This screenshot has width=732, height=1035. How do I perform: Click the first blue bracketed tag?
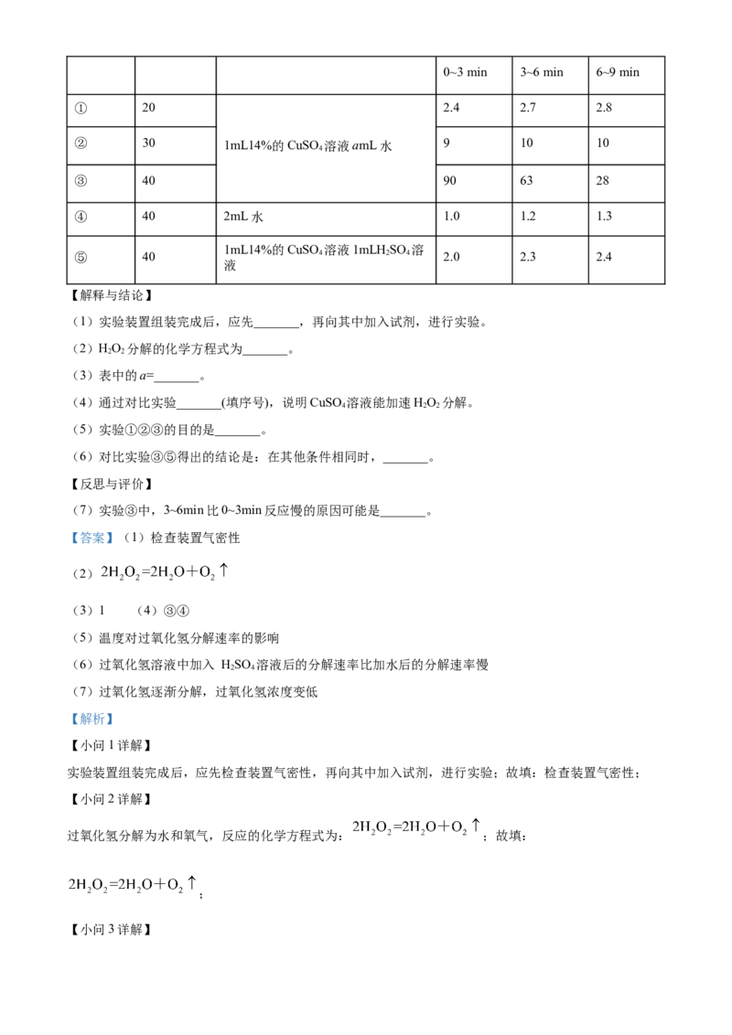(91, 538)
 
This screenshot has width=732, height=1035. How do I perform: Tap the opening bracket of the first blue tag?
(73, 538)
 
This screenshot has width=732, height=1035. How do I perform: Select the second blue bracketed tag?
(91, 720)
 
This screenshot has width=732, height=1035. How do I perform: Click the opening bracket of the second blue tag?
(73, 720)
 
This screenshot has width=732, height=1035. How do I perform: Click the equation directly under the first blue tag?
(161, 572)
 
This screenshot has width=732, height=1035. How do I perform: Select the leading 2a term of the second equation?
(361, 828)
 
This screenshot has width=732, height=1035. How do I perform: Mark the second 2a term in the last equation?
(129, 885)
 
